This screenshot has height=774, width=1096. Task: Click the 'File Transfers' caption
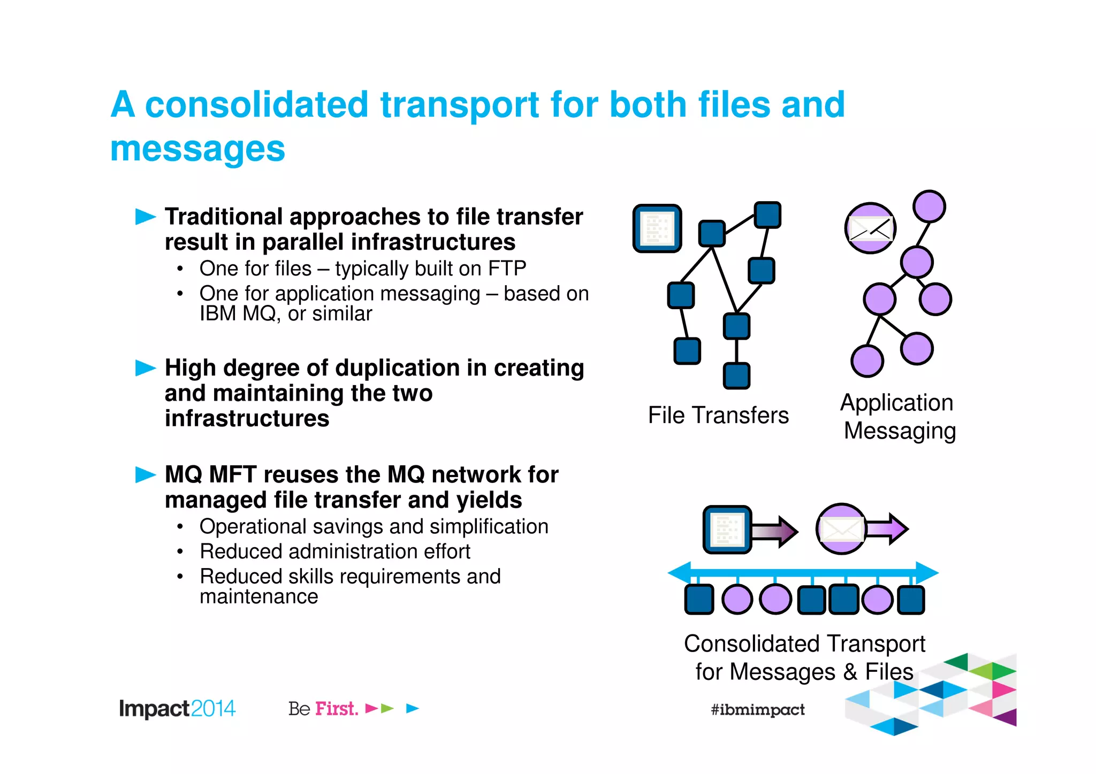[718, 415]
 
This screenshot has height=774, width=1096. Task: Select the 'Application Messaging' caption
[898, 416]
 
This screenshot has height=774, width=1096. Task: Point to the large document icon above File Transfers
[657, 228]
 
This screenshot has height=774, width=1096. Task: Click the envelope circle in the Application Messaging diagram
[870, 228]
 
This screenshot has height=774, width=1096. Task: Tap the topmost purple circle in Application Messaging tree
[929, 206]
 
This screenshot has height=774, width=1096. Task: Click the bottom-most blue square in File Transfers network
[736, 375]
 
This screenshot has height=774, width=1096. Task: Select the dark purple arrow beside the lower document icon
[774, 531]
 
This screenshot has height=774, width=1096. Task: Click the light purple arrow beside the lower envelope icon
[887, 528]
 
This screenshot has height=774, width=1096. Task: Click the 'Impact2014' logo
[177, 709]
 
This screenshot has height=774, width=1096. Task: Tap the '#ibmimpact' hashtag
[757, 710]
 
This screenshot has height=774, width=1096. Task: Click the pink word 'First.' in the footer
[337, 709]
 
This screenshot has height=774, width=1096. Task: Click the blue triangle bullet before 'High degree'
[145, 367]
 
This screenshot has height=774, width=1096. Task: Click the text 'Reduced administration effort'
[334, 551]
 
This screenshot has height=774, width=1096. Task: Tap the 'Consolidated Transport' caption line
[804, 643]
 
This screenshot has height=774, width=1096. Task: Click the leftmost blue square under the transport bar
[699, 599]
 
